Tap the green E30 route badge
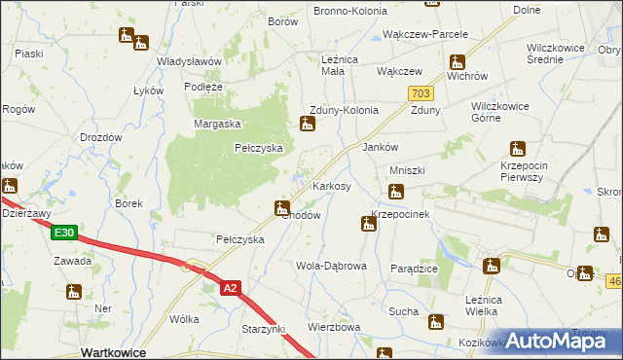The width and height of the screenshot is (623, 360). point(64,233)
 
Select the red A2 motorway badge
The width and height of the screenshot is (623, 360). point(230,288)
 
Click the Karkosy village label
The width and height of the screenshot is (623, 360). point(331,185)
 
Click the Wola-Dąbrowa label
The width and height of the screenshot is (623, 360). point(331,266)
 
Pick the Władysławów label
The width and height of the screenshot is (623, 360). point(190,61)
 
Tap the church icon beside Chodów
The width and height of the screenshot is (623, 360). point(282,206)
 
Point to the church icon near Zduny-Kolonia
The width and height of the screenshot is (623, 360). point(308,124)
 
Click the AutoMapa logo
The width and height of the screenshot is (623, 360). point(560,341)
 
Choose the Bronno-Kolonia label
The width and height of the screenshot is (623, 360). point(349,11)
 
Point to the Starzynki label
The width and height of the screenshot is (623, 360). point(263,330)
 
